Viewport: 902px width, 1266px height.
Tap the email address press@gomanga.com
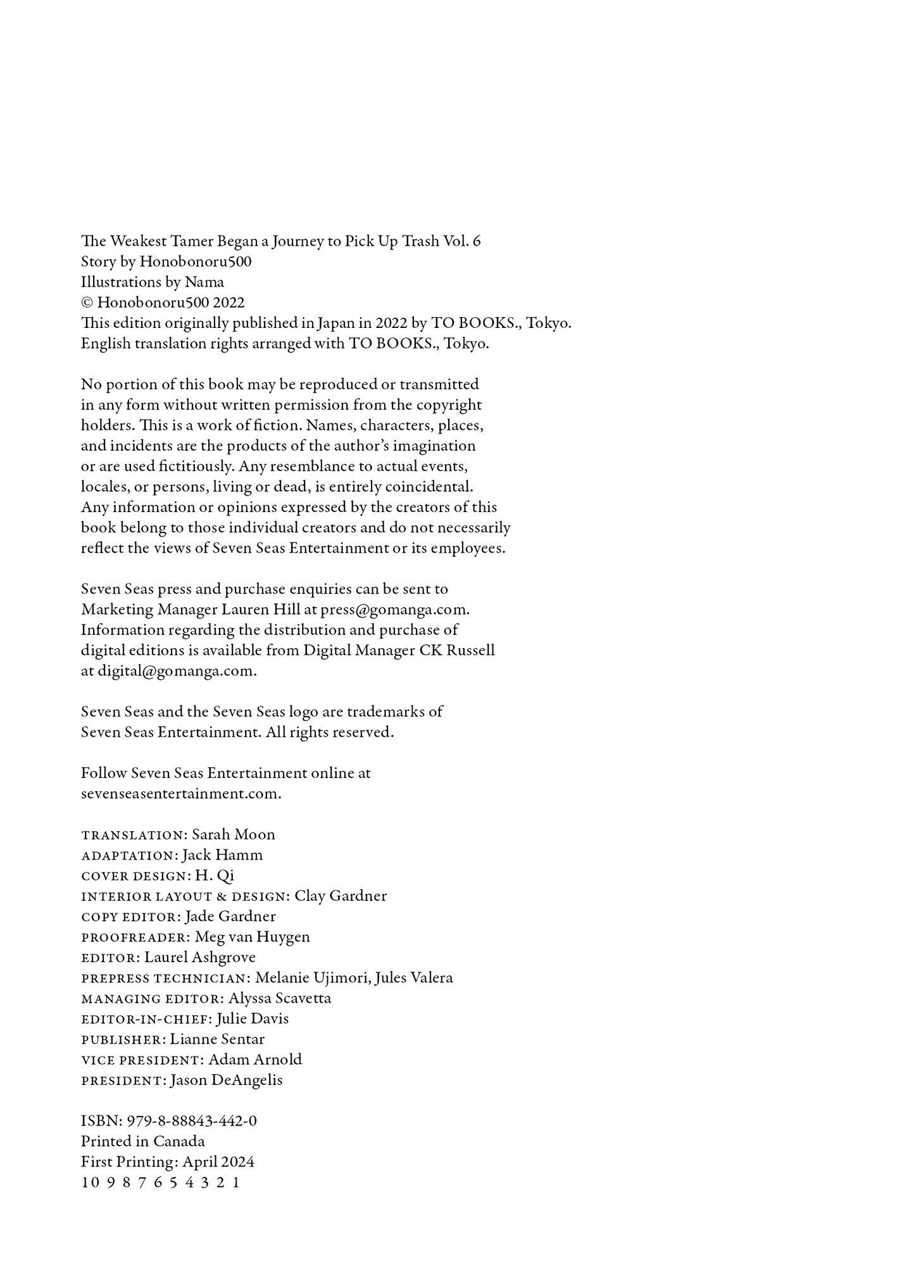[394, 610]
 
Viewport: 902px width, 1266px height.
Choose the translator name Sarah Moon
[234, 835]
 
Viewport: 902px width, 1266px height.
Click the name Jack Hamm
[222, 855]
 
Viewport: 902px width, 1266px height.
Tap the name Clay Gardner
[341, 896]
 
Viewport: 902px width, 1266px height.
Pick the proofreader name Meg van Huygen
[253, 937]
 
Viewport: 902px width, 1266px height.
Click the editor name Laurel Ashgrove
[200, 958]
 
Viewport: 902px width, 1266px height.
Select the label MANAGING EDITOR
[153, 999]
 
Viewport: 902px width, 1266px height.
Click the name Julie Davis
[253, 1019]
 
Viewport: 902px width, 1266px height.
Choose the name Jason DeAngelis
[227, 1081]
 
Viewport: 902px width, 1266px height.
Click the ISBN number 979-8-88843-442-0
[192, 1122]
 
